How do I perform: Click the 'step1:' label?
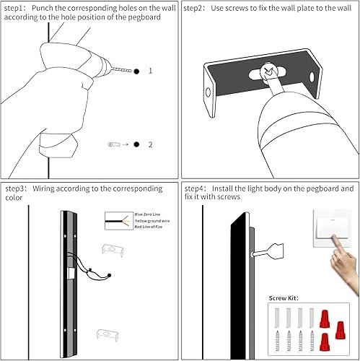(x=16, y=8)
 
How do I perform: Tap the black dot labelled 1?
(x=136, y=71)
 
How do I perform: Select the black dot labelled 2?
(x=136, y=144)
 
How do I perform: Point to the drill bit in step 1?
(x=119, y=70)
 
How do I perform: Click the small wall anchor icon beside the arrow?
(x=113, y=144)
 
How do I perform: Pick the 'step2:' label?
(x=196, y=8)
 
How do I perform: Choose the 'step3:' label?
(x=16, y=188)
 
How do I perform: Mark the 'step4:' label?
(x=196, y=188)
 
